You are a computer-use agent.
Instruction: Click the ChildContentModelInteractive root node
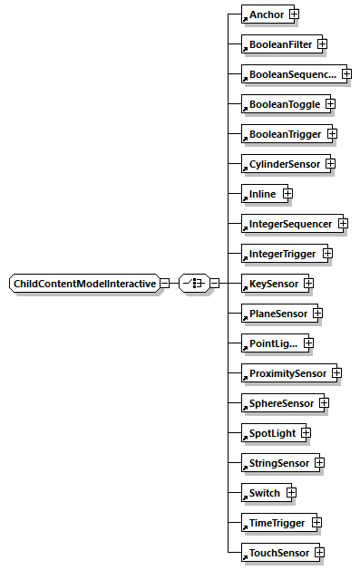tap(83, 283)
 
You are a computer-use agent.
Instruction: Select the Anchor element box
tap(264, 14)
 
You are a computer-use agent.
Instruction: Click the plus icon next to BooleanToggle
tap(330, 104)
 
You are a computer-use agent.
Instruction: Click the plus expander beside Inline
tap(287, 193)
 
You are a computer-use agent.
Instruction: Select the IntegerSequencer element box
tap(288, 223)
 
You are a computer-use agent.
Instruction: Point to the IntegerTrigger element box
tap(280, 253)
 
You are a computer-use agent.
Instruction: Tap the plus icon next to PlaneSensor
tap(317, 314)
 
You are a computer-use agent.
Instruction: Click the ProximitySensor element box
tap(285, 372)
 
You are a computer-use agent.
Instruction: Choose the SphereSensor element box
tap(278, 402)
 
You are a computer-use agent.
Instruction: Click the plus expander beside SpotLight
tap(306, 432)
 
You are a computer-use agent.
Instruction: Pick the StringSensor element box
tap(277, 462)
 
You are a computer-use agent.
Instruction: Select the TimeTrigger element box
tap(274, 522)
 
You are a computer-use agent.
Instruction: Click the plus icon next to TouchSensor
tap(319, 552)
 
